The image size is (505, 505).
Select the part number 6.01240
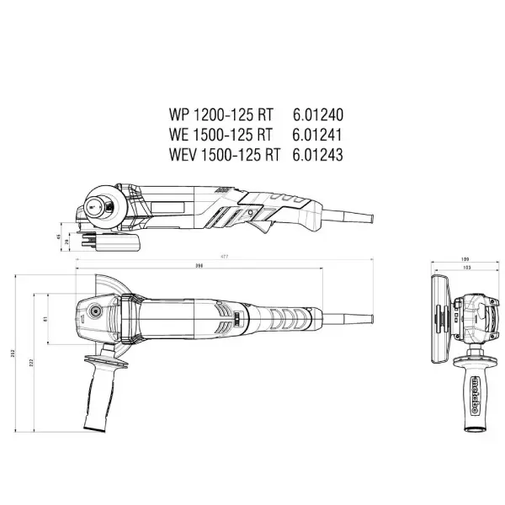[318, 114]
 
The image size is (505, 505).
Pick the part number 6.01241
[318, 134]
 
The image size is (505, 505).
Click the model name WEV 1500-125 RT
[223, 154]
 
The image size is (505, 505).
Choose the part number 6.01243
[318, 154]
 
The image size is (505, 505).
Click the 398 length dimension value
[199, 265]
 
